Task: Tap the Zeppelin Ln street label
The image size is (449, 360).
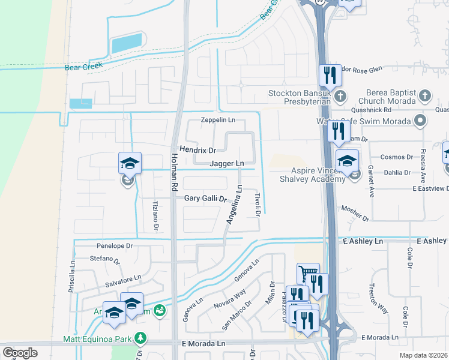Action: pos(218,120)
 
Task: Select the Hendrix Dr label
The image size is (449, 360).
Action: pos(197,149)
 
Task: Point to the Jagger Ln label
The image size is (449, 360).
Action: pos(227,163)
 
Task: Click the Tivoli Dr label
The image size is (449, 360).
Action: pos(258,204)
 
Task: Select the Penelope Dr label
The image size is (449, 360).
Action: pos(114,246)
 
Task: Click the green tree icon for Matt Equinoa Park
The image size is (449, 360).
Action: pos(140,338)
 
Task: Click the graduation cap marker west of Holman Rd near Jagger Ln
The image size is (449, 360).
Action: pos(130,163)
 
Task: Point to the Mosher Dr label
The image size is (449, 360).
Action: pos(353,209)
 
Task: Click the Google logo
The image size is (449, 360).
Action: pos(20,352)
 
